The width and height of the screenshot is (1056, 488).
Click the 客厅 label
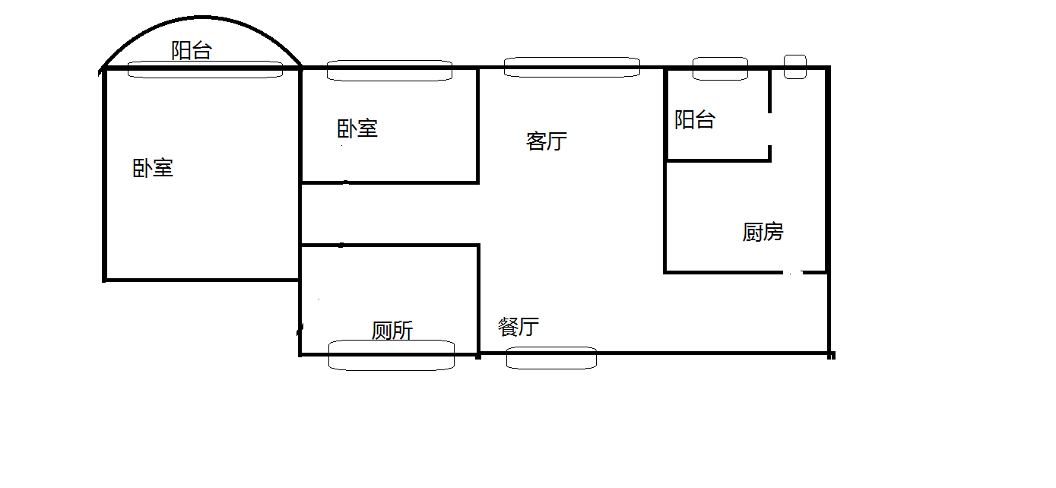(546, 141)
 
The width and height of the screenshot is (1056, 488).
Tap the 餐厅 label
(518, 327)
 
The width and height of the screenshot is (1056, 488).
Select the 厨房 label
(763, 232)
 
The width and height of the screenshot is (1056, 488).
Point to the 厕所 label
(392, 331)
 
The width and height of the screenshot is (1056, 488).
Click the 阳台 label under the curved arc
(192, 52)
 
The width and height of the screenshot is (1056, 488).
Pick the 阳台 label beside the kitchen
(695, 120)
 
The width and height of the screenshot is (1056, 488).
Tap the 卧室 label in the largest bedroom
(153, 168)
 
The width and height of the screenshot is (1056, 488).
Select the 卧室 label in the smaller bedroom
(357, 128)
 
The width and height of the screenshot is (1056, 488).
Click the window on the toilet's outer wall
(391, 355)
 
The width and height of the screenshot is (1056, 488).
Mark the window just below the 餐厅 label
(551, 357)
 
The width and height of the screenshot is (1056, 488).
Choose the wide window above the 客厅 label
(572, 67)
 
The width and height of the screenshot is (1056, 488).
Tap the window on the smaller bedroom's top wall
(389, 70)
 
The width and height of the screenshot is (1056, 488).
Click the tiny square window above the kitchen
(794, 66)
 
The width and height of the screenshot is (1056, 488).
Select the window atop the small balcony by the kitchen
(719, 68)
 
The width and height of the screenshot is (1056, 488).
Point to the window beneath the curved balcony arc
(205, 70)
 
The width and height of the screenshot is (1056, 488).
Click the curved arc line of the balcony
(202, 18)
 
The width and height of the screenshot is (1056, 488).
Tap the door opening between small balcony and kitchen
(770, 129)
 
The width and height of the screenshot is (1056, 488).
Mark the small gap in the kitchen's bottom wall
(794, 271)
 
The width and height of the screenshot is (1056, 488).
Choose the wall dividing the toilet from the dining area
(478, 300)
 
